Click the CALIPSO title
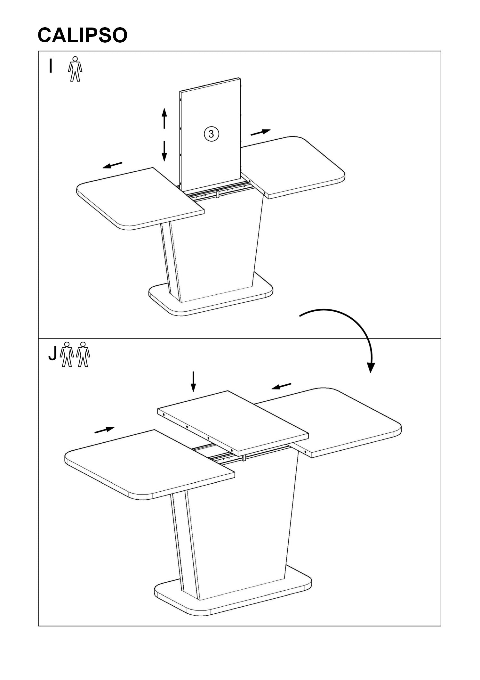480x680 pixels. click(x=82, y=35)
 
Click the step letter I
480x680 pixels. click(x=50, y=66)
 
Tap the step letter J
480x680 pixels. click(x=52, y=353)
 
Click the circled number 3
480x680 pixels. click(x=211, y=134)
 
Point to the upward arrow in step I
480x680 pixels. click(x=164, y=118)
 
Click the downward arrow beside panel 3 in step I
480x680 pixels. click(x=164, y=151)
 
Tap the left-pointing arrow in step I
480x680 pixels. click(x=112, y=165)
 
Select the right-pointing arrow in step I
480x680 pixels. click(x=260, y=132)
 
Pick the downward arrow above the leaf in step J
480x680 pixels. click(x=193, y=381)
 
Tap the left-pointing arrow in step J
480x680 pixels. click(x=282, y=386)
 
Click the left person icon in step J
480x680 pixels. click(x=67, y=354)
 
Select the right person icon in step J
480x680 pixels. click(x=83, y=354)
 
